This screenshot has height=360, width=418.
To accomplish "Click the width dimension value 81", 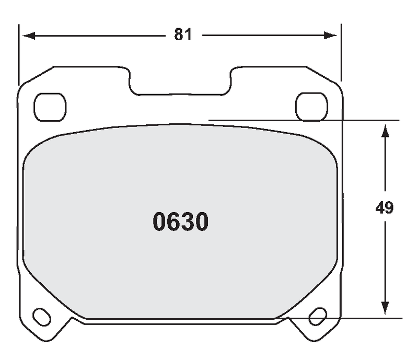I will [183, 35].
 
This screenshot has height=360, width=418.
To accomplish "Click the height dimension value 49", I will [384, 207].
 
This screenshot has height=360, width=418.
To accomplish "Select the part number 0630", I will [181, 223].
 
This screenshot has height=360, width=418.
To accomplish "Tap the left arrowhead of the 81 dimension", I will [27, 36].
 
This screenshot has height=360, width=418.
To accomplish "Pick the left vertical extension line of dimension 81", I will [19, 52].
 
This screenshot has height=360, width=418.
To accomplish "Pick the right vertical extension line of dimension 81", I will [341, 52].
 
